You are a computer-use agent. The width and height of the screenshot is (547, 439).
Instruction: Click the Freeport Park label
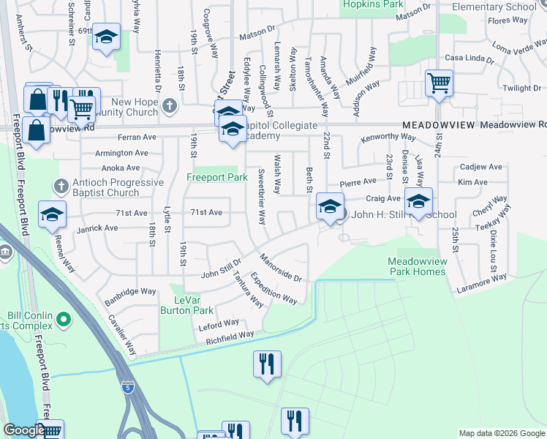tap(217, 177)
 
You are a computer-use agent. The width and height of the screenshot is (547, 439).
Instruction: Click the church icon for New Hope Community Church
tap(170, 105)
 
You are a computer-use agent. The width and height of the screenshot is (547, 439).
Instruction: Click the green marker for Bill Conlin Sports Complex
tap(63, 320)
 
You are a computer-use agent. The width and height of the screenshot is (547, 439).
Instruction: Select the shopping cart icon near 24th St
tap(439, 83)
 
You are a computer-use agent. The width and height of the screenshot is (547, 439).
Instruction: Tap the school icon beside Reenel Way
tap(53, 214)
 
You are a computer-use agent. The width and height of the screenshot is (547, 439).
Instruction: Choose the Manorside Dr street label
tap(280, 268)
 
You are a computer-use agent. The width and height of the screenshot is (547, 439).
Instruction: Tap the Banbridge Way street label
tap(129, 291)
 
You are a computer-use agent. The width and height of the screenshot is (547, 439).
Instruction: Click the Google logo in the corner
tap(24, 430)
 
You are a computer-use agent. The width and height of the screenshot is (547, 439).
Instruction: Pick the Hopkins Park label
tap(373, 4)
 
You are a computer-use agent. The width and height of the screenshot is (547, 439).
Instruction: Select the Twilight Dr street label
tap(521, 89)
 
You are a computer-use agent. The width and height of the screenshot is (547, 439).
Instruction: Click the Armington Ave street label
tap(121, 154)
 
